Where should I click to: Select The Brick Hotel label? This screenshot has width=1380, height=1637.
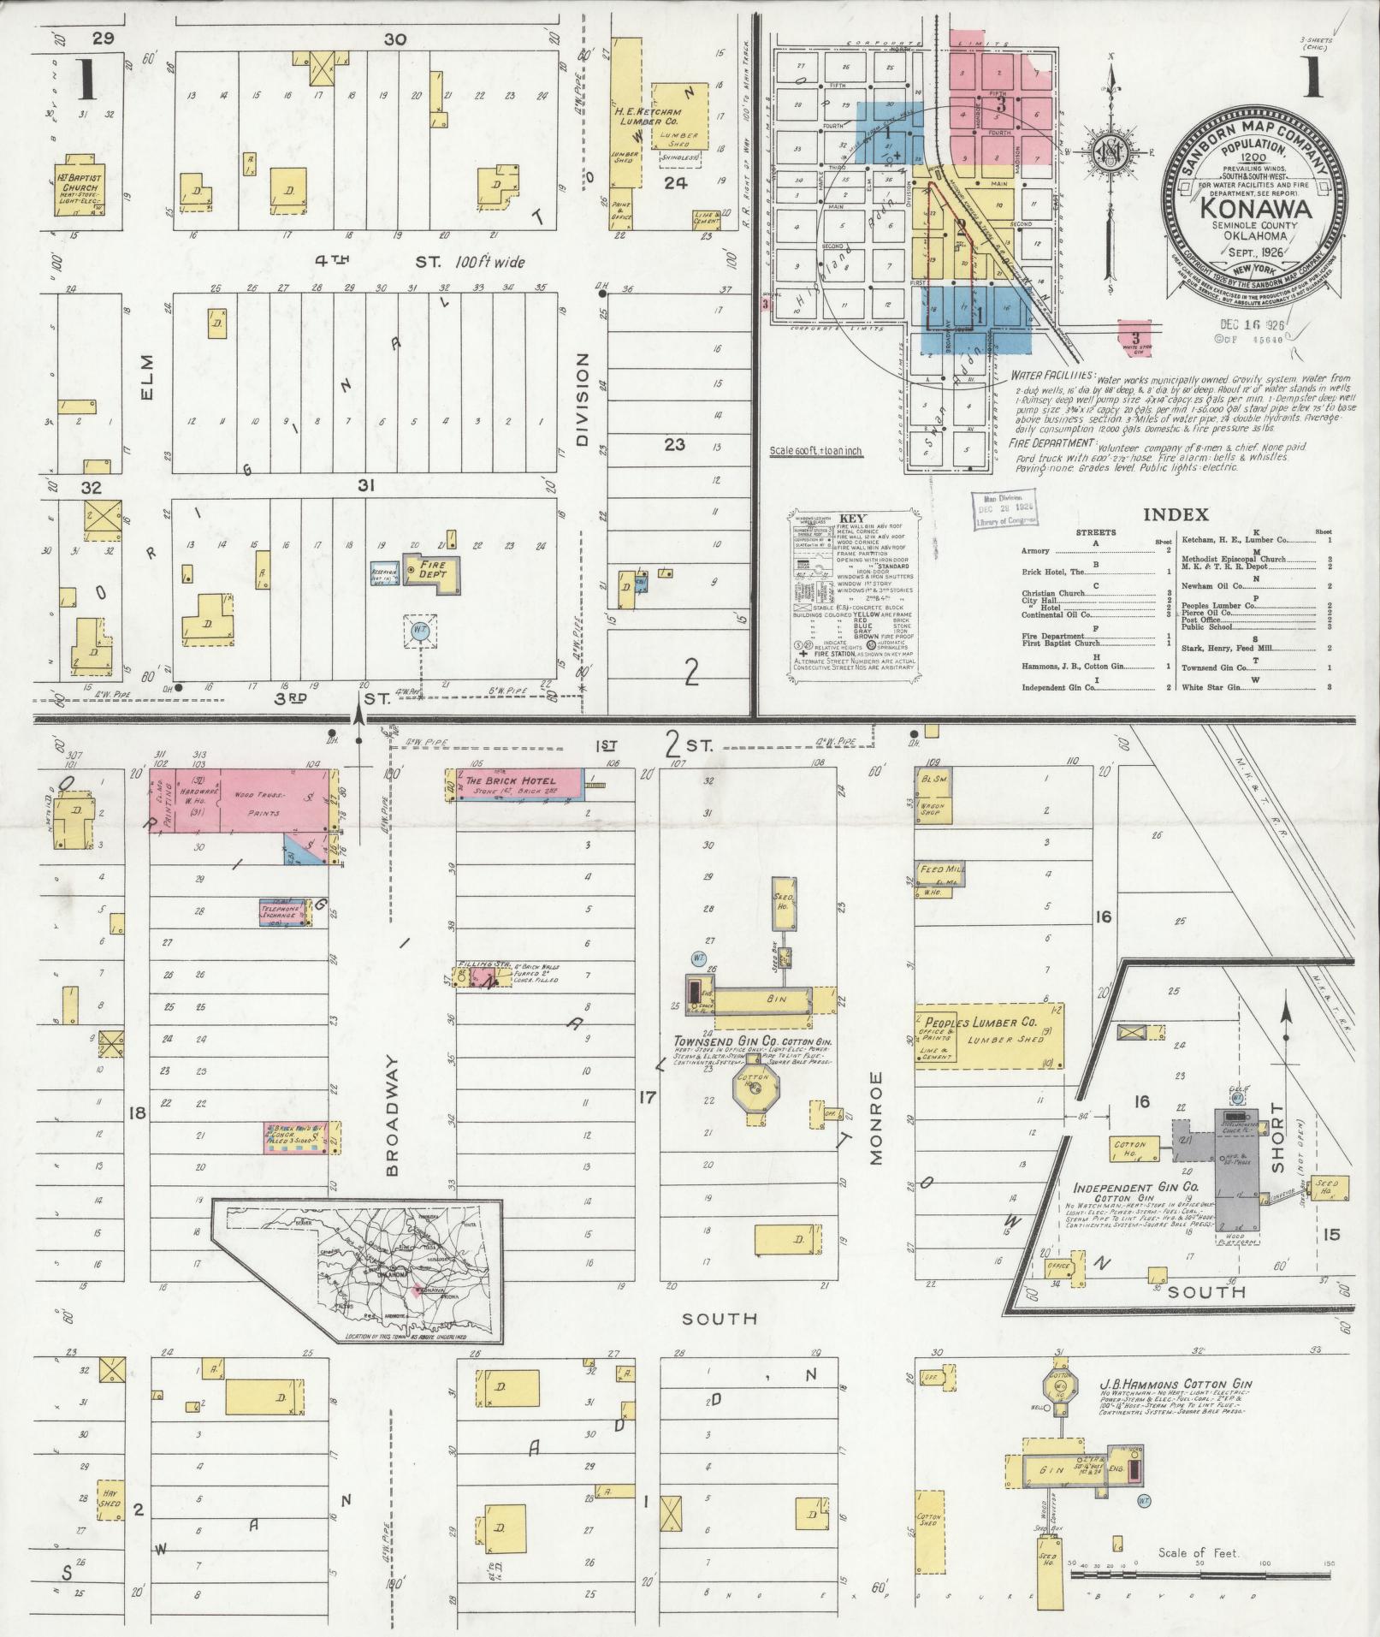510,780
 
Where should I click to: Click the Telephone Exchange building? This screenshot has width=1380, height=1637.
282,913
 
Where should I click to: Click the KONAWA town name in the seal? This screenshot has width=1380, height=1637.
1256,208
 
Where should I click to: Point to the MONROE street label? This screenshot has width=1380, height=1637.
875,1118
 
